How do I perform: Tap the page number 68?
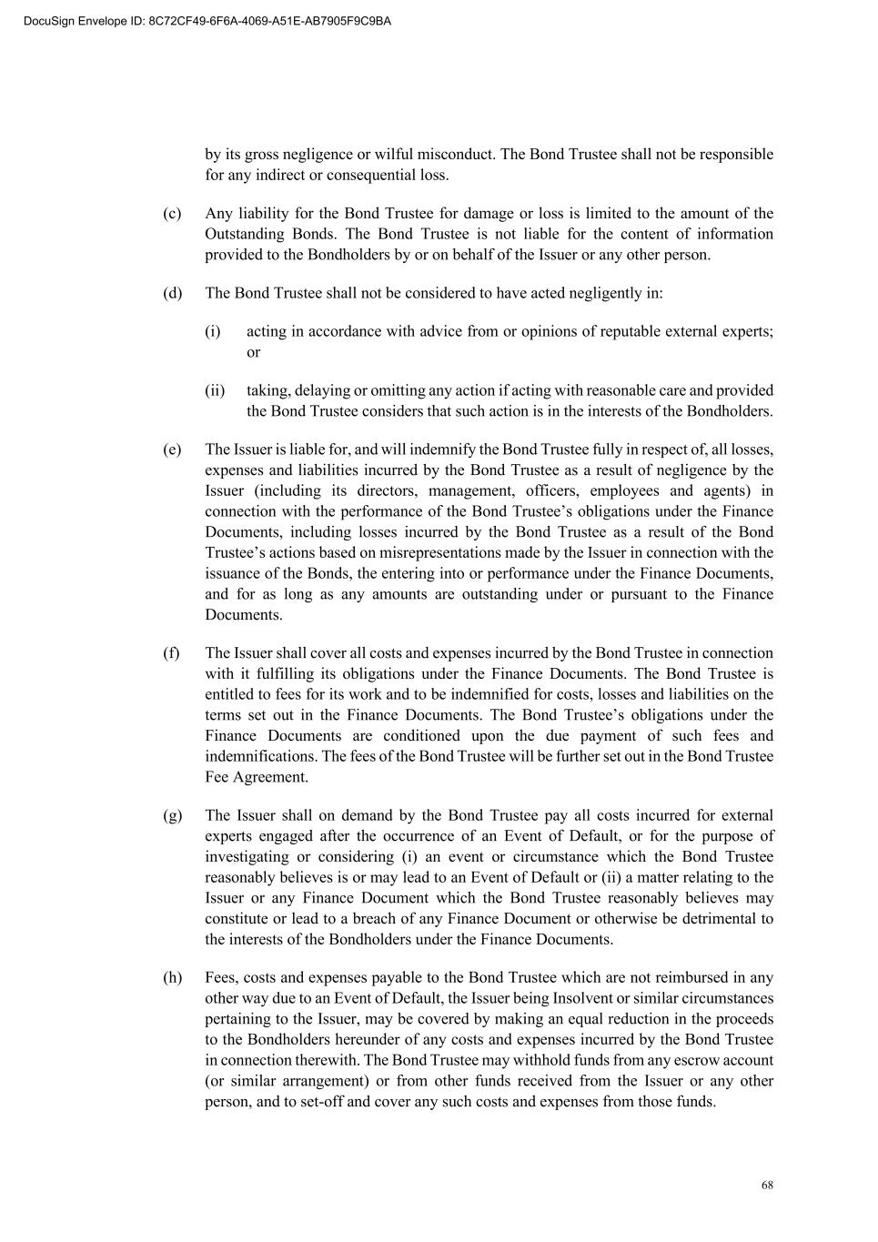click(767, 1186)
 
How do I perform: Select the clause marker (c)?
click(172, 214)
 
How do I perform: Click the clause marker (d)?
click(172, 293)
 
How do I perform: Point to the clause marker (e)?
click(172, 449)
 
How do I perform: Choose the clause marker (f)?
click(172, 653)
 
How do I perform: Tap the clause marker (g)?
click(172, 815)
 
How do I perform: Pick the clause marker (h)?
click(172, 978)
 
